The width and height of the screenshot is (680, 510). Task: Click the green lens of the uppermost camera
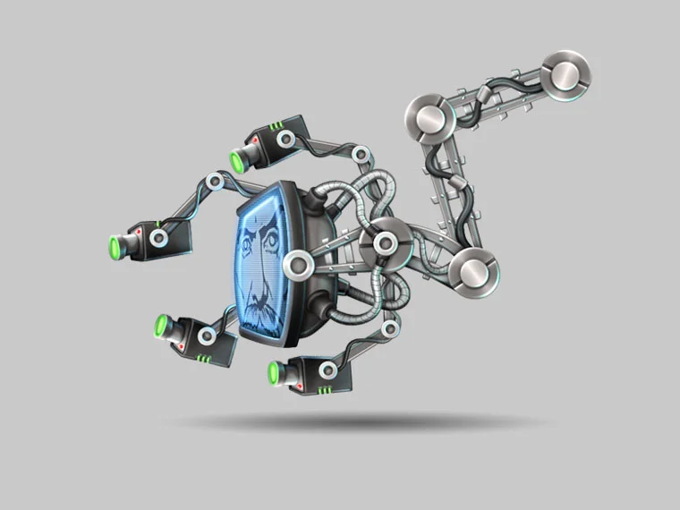point(238,162)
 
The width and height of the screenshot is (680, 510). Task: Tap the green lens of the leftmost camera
point(115,247)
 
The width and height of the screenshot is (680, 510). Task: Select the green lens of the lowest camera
point(274,373)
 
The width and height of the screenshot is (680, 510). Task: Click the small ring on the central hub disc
point(386,242)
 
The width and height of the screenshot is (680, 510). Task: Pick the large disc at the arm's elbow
point(430,119)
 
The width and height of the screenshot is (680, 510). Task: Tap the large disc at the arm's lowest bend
point(472,271)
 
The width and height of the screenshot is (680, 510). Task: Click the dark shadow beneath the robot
point(358,421)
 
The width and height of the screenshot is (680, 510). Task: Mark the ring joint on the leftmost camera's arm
point(215,182)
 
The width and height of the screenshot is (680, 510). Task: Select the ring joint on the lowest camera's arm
point(388,328)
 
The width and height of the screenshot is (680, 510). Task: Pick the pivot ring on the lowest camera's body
point(328,370)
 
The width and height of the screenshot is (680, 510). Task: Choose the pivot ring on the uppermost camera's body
point(284,139)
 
